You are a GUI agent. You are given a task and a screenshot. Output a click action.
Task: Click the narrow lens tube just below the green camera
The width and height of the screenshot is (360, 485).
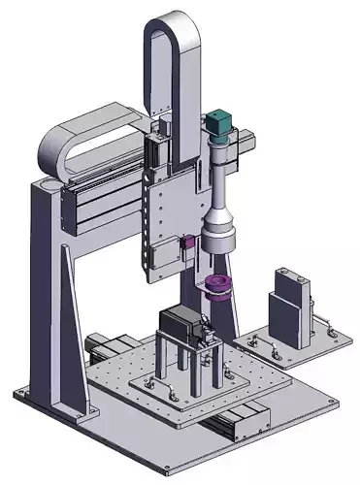[222, 165]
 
